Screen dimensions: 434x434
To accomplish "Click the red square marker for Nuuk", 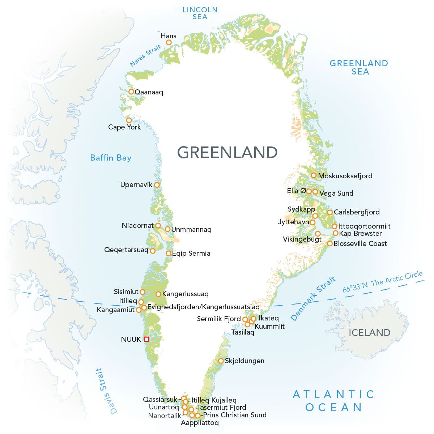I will coord(146,339).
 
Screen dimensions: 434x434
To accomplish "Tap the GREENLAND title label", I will coord(227,152).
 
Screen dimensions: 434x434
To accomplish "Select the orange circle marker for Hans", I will coord(169,42).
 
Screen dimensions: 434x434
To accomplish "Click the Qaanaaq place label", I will coord(149,92).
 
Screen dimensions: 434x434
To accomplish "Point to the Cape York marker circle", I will coord(129,120).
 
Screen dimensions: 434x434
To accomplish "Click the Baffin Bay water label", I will coord(111,158).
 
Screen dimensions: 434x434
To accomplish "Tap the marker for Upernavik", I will coord(157,184).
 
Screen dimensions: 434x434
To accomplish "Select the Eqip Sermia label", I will coord(191,253).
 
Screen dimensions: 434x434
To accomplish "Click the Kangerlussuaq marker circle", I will coord(158,294).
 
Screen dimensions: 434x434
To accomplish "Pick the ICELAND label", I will coord(369,332).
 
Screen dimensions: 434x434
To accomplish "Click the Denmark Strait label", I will coord(313,299).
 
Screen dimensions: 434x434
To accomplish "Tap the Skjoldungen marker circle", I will coord(221,361).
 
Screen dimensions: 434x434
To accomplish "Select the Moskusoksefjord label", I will coord(345,176).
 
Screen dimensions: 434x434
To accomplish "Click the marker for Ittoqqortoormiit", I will coord(335,226).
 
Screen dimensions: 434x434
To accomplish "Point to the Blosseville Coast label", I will coord(360,243).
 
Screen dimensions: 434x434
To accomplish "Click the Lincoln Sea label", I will coord(200,13).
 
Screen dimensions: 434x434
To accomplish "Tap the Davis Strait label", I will coord(106,391).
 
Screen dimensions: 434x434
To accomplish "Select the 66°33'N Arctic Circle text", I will coord(382,282).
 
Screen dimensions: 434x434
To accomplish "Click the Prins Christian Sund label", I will coord(234,415).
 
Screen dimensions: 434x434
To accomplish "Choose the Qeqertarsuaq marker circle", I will coord(153,251).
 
